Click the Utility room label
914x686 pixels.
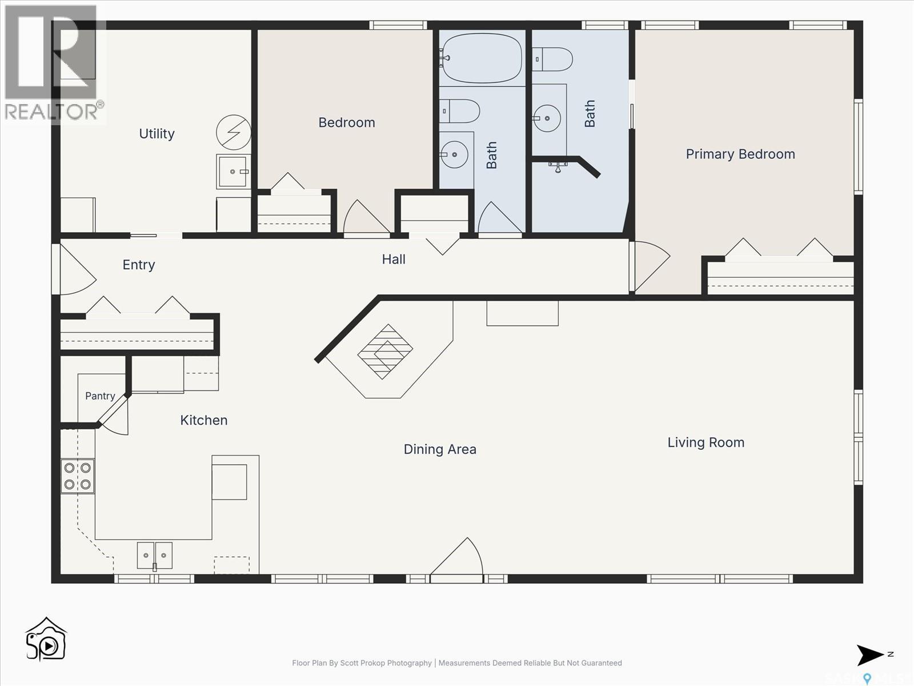157,134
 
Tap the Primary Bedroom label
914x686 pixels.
740,154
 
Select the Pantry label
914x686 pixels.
100,396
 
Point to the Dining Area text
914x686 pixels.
440,449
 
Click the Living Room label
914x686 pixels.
706,442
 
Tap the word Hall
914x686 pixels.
394,260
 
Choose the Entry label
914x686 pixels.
139,265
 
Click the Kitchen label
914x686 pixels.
203,420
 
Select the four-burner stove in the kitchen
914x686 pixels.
78,476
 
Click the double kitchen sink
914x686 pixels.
154,555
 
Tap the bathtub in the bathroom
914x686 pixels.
482,58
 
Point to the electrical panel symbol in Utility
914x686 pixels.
234,133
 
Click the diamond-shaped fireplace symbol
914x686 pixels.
385,352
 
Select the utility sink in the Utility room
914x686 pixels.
232,171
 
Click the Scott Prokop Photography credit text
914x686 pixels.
362,663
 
